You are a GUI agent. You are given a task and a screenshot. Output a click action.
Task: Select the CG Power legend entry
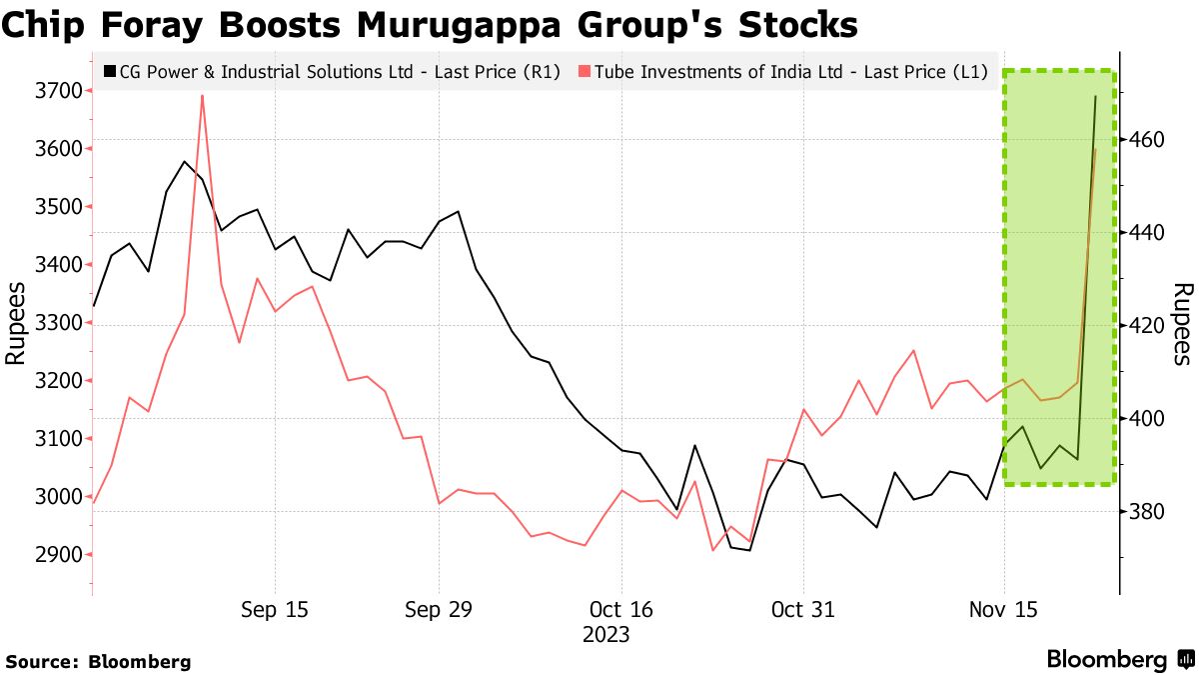pyautogui.click(x=330, y=72)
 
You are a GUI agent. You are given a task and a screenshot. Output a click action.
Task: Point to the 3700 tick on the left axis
pyautogui.click(x=59, y=91)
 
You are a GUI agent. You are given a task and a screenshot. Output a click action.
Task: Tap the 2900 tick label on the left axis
pyautogui.click(x=59, y=555)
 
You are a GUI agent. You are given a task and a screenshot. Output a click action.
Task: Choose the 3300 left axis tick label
pyautogui.click(x=59, y=323)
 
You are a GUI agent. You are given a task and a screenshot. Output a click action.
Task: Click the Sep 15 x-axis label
pyautogui.click(x=275, y=610)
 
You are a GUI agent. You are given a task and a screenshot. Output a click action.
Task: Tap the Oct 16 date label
pyautogui.click(x=620, y=610)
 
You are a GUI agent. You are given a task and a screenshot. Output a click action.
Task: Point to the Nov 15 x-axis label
pyautogui.click(x=1005, y=610)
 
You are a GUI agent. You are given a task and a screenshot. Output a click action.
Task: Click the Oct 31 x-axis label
pyautogui.click(x=803, y=610)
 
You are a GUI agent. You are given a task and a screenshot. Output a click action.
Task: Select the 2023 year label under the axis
pyautogui.click(x=605, y=635)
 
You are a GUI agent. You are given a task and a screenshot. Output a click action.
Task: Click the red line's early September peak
pyautogui.click(x=202, y=96)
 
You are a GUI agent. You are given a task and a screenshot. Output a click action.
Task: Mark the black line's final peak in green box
pyautogui.click(x=1095, y=97)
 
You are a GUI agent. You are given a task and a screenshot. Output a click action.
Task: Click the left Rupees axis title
pyautogui.click(x=17, y=323)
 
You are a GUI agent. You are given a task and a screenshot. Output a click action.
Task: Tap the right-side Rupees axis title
pyautogui.click(x=1182, y=323)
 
